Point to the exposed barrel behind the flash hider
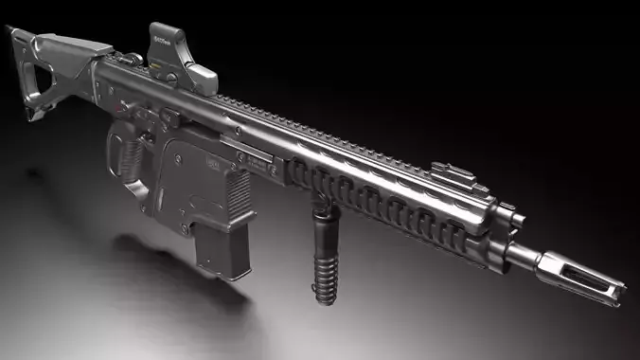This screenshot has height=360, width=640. pyautogui.click(x=526, y=254)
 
